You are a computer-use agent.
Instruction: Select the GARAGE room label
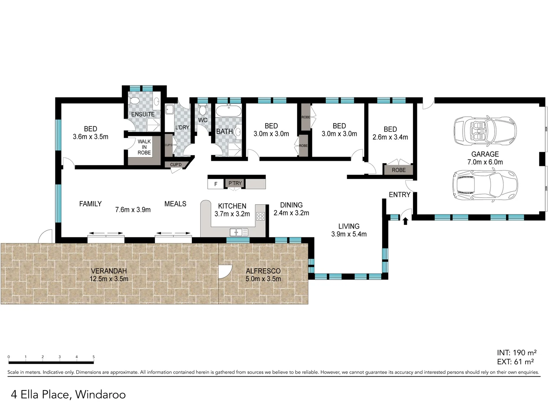[x=485, y=154]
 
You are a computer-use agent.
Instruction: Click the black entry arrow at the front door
[x=405, y=221]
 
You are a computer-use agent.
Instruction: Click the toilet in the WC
[x=203, y=110]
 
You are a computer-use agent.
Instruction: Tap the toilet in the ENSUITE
[x=134, y=101]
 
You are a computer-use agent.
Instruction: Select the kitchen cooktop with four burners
[x=260, y=217]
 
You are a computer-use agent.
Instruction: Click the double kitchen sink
[x=239, y=232]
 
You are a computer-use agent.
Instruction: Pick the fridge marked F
[x=216, y=184]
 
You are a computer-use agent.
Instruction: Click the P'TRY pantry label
[x=235, y=183]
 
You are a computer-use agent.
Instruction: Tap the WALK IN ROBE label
[x=144, y=147]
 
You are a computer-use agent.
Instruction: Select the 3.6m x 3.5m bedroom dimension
[x=91, y=137]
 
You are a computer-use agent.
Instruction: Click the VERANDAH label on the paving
[x=109, y=271]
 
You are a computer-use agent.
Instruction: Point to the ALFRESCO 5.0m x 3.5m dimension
[x=263, y=279]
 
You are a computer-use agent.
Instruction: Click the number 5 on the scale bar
[x=94, y=357]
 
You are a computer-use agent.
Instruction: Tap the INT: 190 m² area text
[x=516, y=353]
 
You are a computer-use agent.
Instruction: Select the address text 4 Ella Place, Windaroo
[x=68, y=394]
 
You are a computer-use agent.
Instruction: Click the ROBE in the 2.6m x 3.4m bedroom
[x=399, y=170]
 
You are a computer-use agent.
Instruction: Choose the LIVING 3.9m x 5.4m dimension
[x=349, y=234]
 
